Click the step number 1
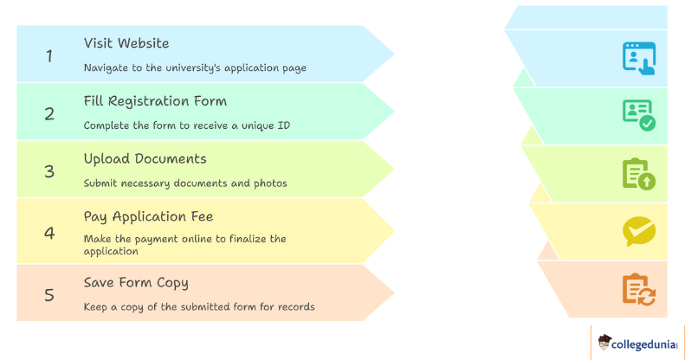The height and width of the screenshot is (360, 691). [49, 55]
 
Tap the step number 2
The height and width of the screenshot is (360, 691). [49, 113]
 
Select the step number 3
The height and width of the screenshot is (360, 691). [49, 171]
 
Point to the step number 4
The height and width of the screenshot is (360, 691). [49, 232]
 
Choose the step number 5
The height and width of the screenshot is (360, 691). [49, 294]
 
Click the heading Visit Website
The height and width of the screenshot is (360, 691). [126, 43]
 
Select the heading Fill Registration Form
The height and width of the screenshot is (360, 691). [155, 101]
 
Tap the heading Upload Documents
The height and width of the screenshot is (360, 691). [145, 159]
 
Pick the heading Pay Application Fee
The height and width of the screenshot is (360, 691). [148, 216]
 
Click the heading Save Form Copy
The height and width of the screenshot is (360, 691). [135, 283]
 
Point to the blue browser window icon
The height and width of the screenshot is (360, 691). [639, 57]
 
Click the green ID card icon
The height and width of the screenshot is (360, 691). [639, 115]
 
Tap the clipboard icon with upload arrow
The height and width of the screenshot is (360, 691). [639, 173]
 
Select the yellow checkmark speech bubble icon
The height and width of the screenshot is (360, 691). [639, 231]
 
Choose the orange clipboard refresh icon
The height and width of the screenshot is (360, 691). [639, 289]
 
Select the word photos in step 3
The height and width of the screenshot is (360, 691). [269, 183]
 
